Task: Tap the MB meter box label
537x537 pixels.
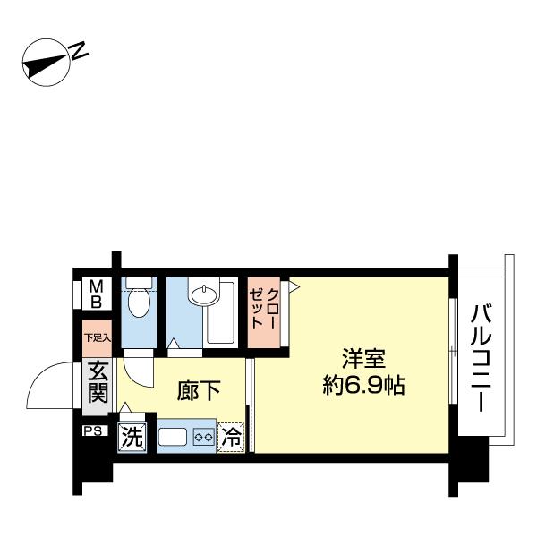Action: point(94,294)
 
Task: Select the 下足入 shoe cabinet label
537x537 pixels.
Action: point(97,337)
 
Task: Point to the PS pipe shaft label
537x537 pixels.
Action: point(93,431)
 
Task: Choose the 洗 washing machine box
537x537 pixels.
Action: point(132,438)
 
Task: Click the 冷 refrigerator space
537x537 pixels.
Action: point(231,438)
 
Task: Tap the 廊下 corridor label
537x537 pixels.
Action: point(199,392)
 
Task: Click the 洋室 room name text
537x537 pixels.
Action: point(362,360)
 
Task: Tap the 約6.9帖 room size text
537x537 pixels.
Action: point(363,387)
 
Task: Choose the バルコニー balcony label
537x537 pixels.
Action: point(483,358)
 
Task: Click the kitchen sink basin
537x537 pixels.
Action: point(173,438)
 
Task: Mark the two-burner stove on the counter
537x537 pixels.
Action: point(203,438)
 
